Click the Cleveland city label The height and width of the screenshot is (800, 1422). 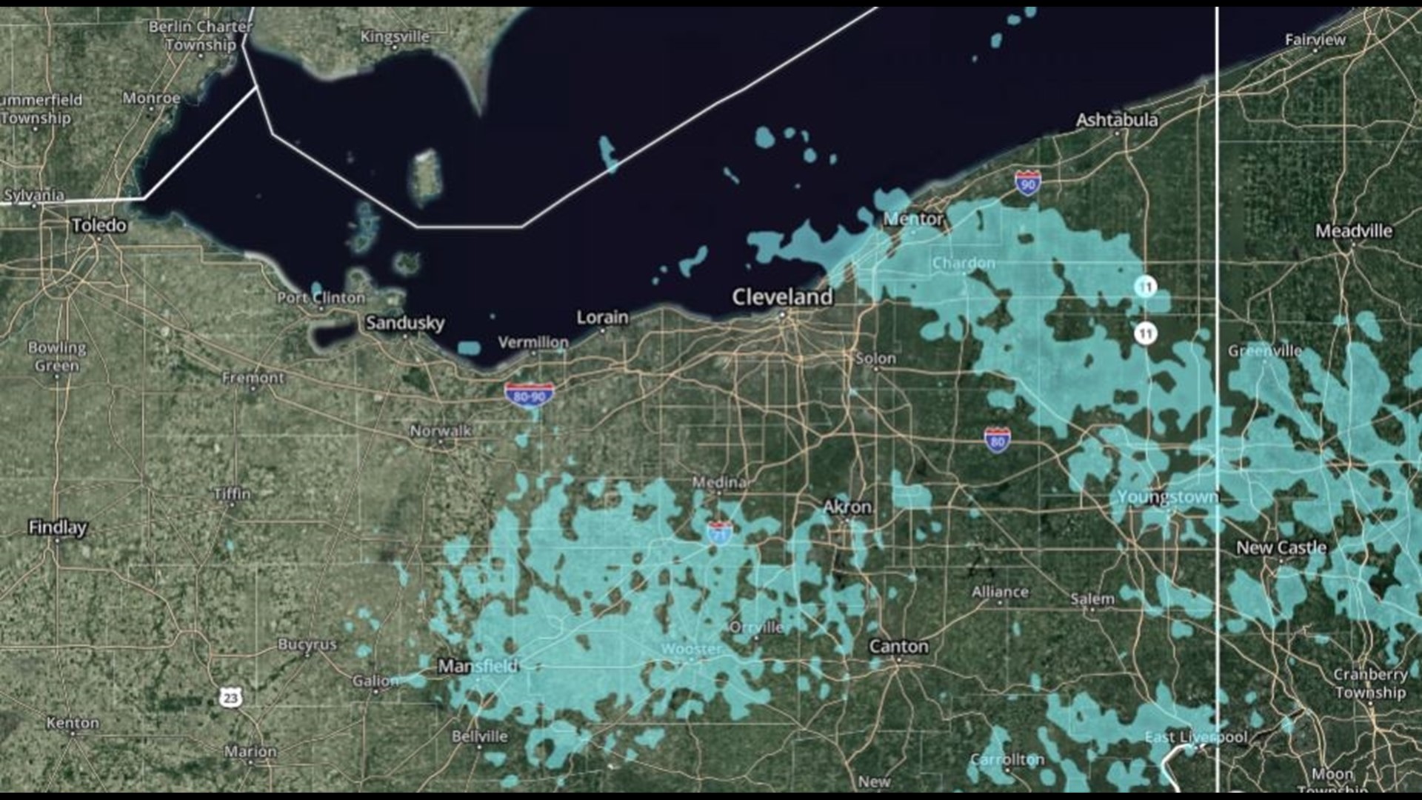coord(782,297)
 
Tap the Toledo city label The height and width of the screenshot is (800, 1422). coord(99,225)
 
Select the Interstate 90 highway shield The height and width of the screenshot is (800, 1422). coord(1027,182)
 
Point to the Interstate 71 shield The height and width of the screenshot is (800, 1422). coord(720,533)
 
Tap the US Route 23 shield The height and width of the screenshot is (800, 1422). coord(230,697)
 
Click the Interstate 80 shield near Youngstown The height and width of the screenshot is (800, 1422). coord(998,441)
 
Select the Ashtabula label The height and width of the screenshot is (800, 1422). coord(1116,120)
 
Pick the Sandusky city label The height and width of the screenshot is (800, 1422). coord(405,323)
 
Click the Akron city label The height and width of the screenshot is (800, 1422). coord(847,507)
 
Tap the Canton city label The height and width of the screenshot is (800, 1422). coord(898,647)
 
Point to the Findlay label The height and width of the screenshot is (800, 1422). coord(57,527)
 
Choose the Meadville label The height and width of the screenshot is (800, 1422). coord(1353,231)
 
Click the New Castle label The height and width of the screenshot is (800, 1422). coord(1281,547)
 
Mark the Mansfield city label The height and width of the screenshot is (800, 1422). coord(478,666)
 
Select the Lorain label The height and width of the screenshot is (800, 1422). coord(602,318)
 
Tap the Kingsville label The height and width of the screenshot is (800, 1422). coord(394,37)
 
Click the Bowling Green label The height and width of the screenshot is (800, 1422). coord(57,356)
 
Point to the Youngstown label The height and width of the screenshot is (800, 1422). coord(1167,497)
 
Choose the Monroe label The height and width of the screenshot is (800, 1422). coord(151,99)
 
